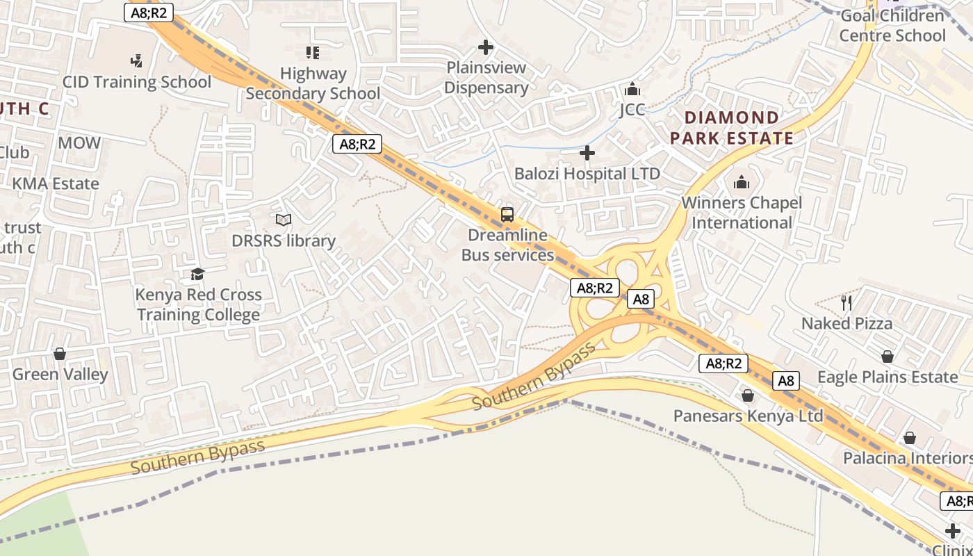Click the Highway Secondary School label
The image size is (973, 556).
[x=313, y=83]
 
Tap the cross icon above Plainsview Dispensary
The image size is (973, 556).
[x=486, y=47]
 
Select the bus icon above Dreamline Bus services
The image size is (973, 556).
[x=507, y=214]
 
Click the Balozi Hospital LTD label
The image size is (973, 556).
[x=587, y=173]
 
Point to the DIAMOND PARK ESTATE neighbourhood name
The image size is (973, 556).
[x=732, y=128]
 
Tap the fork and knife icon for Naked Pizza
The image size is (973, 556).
[x=847, y=302]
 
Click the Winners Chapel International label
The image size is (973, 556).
[x=742, y=213]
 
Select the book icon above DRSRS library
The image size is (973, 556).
[x=283, y=220]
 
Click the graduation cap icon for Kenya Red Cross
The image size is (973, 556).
[x=198, y=274]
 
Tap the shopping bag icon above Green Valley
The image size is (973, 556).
[x=60, y=354]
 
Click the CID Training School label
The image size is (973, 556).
[x=137, y=82]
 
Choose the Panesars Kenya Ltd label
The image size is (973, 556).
[x=748, y=416]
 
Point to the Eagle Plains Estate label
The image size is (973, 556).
[x=888, y=377]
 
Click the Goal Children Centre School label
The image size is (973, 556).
[x=892, y=26]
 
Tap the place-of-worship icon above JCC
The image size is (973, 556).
[x=632, y=89]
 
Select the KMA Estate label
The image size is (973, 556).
[x=56, y=184]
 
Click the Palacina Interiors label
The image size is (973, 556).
[x=907, y=458]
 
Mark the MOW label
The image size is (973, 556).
[x=79, y=143]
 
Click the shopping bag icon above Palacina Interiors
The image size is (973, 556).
[x=909, y=438]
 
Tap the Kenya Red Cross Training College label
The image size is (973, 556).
[x=199, y=304]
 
